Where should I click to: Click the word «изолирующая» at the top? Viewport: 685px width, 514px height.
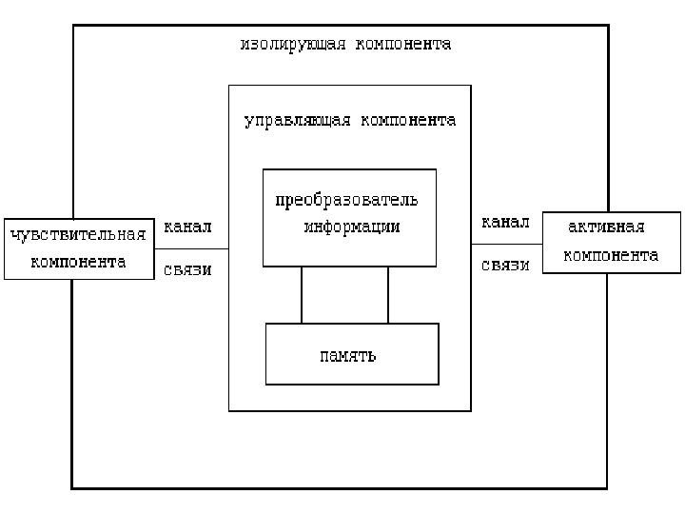tap(293, 45)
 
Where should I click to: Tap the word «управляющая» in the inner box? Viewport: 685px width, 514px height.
tap(297, 121)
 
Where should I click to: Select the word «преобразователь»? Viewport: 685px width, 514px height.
tap(346, 200)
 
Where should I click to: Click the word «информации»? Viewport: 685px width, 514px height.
tap(352, 227)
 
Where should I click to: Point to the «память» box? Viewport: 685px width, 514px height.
tap(352, 354)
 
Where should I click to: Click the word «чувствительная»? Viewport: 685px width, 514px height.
tap(78, 234)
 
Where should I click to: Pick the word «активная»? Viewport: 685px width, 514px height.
tap(606, 227)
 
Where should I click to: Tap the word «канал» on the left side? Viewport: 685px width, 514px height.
tap(187, 227)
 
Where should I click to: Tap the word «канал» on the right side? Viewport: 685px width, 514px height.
tap(505, 223)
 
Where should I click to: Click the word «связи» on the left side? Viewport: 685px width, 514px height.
tap(187, 269)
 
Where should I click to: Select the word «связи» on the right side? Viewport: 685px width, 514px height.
tap(505, 266)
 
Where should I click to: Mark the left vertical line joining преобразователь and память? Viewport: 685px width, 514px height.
tap(302, 295)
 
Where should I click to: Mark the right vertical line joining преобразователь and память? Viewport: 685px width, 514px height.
tap(388, 295)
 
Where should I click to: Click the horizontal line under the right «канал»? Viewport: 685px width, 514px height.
tap(506, 245)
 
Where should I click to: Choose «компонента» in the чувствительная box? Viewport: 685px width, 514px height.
tap(78, 263)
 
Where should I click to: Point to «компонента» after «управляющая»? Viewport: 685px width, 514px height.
tap(406, 121)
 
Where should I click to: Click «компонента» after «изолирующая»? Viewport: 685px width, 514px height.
tap(402, 45)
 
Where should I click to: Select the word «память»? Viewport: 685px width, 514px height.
tap(347, 356)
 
